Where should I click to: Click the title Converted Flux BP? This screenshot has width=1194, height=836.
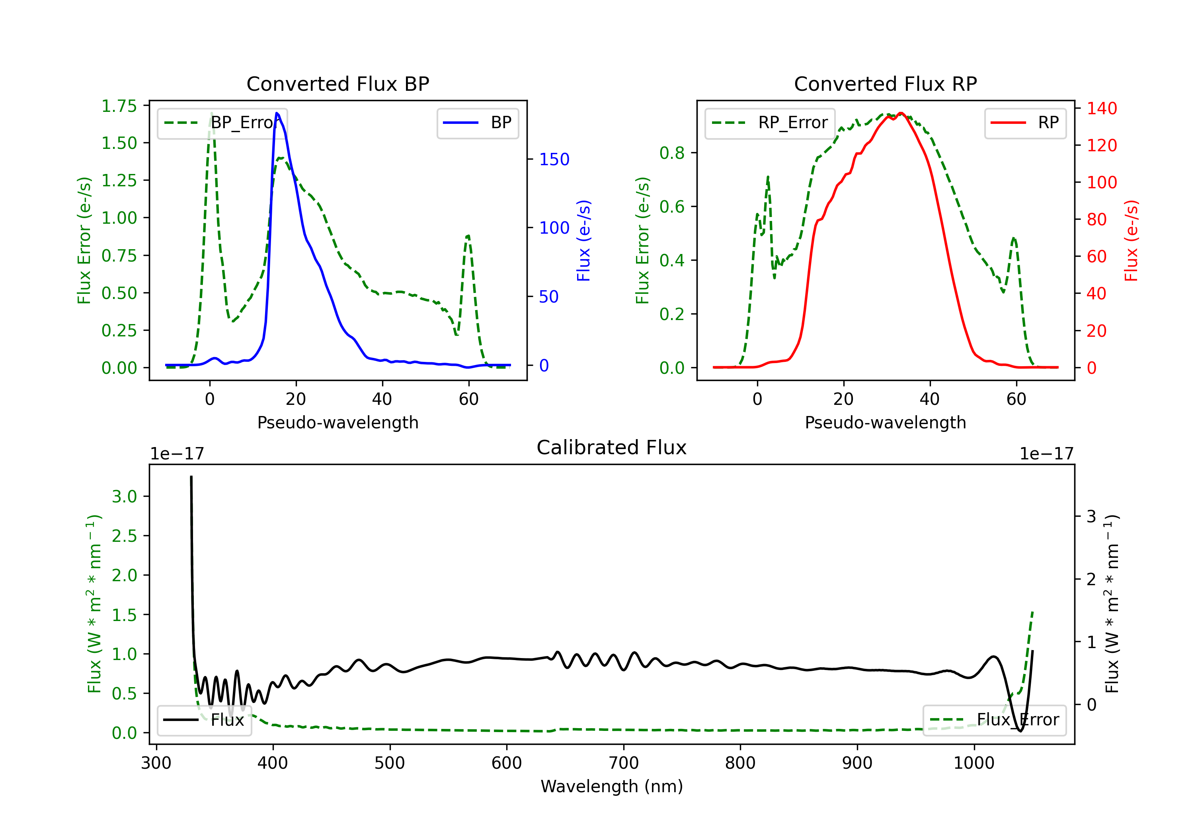coord(338,84)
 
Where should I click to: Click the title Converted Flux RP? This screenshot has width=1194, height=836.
coord(886,84)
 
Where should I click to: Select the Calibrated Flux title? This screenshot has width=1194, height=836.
coord(612,447)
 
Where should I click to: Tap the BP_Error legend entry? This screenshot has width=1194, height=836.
coord(222,123)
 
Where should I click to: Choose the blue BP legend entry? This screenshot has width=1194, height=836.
coord(477,123)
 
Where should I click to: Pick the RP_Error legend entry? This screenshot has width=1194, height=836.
coord(770,123)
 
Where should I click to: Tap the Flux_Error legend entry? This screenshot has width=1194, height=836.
coord(994,720)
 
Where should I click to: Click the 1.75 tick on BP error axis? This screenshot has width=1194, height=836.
coord(119,106)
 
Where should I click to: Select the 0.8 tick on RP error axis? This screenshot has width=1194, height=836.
coord(672,153)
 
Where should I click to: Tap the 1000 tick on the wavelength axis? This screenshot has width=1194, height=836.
coord(974,763)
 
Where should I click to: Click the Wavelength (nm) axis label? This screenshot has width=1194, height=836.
coord(612,786)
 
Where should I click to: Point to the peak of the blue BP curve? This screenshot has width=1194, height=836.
coord(277,113)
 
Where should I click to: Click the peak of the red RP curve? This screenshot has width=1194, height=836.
coord(901,113)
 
